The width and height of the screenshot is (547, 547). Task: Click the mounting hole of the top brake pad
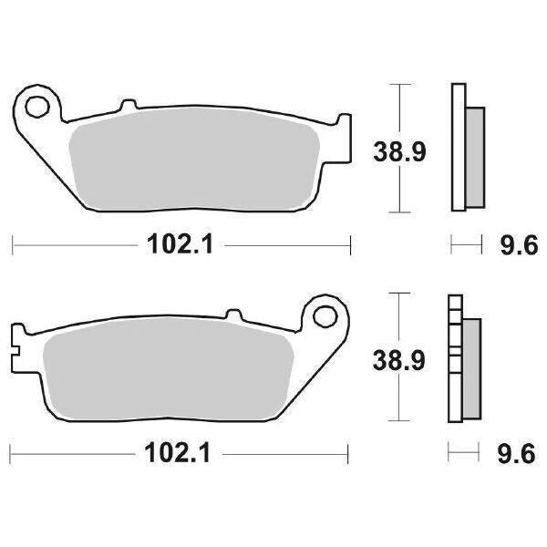click(x=37, y=107)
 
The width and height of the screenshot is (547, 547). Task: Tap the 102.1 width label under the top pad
click(x=178, y=245)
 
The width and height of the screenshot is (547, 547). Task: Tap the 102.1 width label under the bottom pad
click(x=178, y=452)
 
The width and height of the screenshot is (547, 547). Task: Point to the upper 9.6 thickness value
click(x=514, y=245)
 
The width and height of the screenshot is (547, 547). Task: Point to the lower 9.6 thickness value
click(x=514, y=452)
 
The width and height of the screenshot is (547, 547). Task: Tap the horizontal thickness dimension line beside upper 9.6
click(x=466, y=244)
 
